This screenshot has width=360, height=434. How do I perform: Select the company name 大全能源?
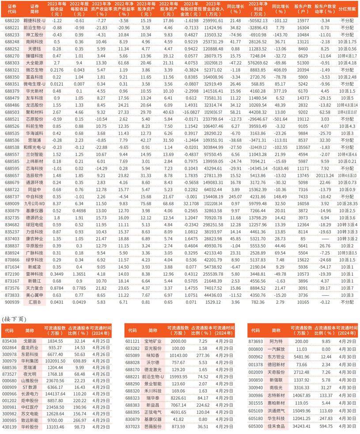(35, 63)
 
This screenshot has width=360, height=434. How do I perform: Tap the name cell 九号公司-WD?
(35, 203)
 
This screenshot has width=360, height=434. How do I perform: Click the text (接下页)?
(14, 319)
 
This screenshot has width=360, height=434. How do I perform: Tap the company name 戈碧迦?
(29, 341)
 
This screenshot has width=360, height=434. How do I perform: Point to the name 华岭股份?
(29, 427)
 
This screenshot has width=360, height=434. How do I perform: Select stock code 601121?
(132, 341)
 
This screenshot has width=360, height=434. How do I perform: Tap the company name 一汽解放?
(276, 347)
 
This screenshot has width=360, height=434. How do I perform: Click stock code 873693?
(257, 341)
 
